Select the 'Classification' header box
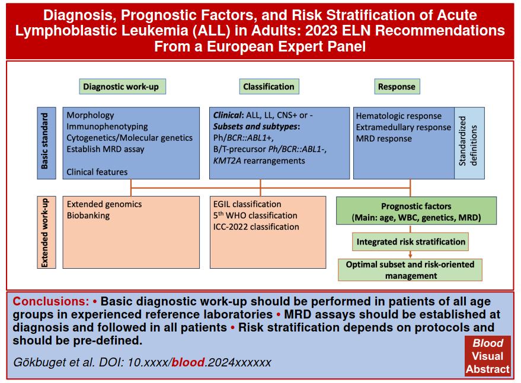click(x=269, y=86)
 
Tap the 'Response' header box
click(x=397, y=86)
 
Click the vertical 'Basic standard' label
click(x=45, y=143)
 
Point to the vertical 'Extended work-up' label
click(x=45, y=232)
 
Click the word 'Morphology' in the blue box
click(x=90, y=115)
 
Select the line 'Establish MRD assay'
click(x=106, y=149)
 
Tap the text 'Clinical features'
click(x=97, y=172)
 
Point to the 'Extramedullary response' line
click(x=404, y=127)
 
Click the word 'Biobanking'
click(x=88, y=216)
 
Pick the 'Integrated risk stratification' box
click(x=410, y=242)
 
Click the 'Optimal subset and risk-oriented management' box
click(x=410, y=270)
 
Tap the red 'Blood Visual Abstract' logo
click(x=488, y=356)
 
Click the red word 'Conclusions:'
click(x=50, y=301)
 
